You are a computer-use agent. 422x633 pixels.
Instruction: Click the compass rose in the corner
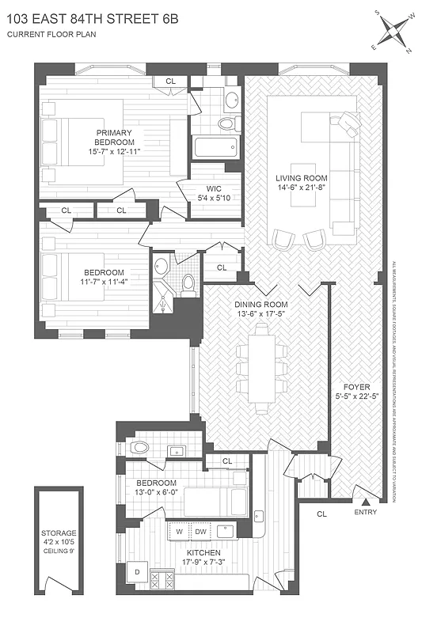point(395,31)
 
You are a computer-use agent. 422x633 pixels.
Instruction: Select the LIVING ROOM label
point(302,178)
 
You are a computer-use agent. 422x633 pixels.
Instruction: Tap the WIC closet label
point(203,188)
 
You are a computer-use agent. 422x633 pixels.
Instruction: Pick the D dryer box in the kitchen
point(136,571)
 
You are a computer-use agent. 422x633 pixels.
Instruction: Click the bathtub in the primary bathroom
point(215,146)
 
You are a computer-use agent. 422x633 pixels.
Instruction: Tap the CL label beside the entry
point(321,514)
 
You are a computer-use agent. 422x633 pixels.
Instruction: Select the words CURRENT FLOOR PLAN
point(49,35)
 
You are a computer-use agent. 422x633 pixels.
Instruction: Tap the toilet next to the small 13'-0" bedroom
point(139,447)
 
